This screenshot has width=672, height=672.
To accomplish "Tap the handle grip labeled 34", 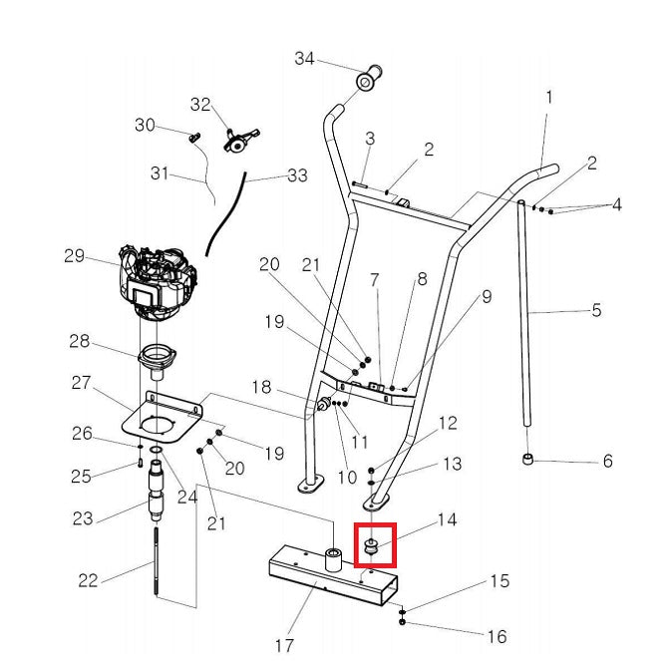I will [x=369, y=76].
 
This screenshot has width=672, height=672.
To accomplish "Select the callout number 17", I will [x=284, y=645].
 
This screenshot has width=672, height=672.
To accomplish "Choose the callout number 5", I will [x=595, y=310].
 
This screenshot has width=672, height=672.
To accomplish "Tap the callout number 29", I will [x=75, y=256].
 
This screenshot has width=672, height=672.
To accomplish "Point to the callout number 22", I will [x=88, y=580].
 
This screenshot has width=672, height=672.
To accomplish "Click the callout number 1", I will [x=548, y=98].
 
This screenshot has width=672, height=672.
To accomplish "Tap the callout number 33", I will [x=297, y=175].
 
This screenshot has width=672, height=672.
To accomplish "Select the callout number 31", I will [x=161, y=173].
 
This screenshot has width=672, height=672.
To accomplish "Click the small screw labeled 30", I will [x=195, y=135].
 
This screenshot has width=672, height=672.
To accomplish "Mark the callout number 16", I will [x=496, y=636].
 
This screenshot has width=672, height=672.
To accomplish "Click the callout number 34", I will [x=304, y=59].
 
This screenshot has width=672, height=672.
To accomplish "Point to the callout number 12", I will [x=448, y=423].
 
